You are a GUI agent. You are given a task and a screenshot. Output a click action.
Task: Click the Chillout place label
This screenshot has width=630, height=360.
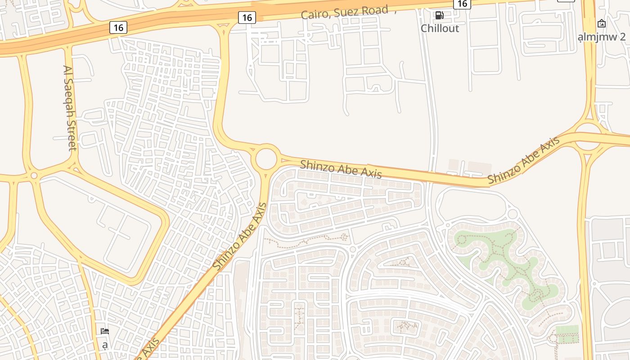click(x=440, y=28)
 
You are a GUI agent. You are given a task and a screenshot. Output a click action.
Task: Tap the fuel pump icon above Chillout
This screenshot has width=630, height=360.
click(x=439, y=16)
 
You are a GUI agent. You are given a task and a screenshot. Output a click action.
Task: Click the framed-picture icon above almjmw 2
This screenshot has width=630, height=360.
click(x=602, y=23)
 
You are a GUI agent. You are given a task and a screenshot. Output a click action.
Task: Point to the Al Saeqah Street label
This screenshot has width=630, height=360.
click(x=69, y=108)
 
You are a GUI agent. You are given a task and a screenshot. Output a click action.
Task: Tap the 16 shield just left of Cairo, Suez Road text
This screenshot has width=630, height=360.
click(x=247, y=18)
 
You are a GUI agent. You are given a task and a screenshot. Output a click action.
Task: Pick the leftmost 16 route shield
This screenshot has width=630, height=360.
click(x=118, y=27)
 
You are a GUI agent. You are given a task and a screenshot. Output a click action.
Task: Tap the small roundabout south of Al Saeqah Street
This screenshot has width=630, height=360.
click(x=34, y=175)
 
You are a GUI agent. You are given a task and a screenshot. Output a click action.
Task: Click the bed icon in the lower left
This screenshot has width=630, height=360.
click(x=105, y=332)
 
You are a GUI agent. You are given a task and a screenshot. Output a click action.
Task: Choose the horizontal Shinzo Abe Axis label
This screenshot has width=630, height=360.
click(x=341, y=169)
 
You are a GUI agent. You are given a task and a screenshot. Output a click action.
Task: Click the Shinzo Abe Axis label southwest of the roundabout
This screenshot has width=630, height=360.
click(x=240, y=237)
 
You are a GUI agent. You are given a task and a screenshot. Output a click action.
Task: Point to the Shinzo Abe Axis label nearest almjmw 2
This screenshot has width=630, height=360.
click(x=524, y=160)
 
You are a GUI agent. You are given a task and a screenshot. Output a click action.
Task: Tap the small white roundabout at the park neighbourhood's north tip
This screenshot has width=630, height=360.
click(x=513, y=214)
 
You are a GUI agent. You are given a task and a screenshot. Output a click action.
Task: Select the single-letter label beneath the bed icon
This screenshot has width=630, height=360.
click(x=105, y=346)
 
